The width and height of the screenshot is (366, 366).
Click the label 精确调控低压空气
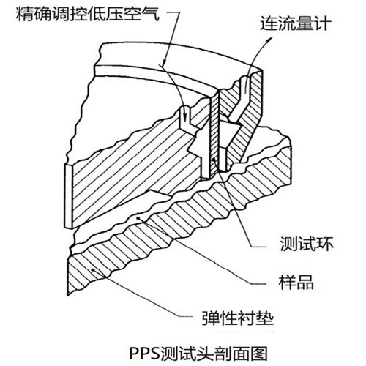tap(88, 14)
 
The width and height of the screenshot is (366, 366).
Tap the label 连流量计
tap(296, 23)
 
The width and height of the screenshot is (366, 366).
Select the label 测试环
tap(307, 244)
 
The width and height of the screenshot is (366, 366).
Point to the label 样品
tap(296, 282)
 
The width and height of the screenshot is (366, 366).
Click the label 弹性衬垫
tap(237, 318)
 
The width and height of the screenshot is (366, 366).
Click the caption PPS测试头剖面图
tap(198, 353)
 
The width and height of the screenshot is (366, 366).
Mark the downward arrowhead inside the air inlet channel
tap(186, 118)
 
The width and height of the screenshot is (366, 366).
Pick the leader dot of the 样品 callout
tap(138, 218)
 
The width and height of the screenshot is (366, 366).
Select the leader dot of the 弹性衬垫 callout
tap(93, 269)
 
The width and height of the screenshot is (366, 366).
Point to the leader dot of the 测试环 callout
tap(214, 160)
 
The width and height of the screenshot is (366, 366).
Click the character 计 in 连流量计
tap(323, 23)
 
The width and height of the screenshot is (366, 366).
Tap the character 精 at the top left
tap(25, 14)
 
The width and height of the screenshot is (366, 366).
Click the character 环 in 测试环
tap(325, 244)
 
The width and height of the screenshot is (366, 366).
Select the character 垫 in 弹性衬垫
tap(264, 318)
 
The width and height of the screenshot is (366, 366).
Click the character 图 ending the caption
tap(259, 353)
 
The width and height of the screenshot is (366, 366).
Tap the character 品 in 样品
tap(305, 282)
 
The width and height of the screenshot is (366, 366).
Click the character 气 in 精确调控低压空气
tap(151, 14)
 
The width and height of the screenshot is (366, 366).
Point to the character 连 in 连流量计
tap(269, 23)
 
